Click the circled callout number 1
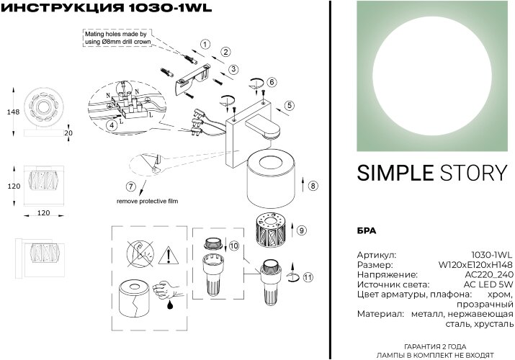pos(205,45)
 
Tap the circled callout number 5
pos(289,105)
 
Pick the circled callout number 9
pos(302,230)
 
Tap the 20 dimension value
pos(69,132)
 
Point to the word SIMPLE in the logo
pos(394,173)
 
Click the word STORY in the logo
pos(472,173)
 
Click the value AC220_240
pos(489,274)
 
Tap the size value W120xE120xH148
pos(475,264)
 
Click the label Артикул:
pos(377,254)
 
